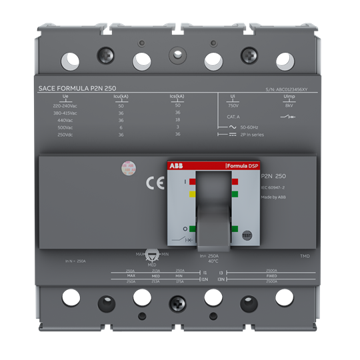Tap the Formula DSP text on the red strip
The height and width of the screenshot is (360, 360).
(x=241, y=165)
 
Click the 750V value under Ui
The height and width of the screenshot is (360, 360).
(x=233, y=105)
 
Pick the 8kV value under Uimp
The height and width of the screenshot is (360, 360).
(x=289, y=105)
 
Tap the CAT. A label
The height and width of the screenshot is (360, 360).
(x=233, y=116)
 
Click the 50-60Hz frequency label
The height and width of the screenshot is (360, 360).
(x=249, y=126)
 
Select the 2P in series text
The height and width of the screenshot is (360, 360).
(x=252, y=134)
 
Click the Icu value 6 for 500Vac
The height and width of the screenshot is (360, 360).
(x=121, y=127)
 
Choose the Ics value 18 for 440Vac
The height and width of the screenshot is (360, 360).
(x=177, y=120)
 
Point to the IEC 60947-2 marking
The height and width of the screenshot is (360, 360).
(x=273, y=188)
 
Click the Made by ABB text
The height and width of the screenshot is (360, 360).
(x=273, y=198)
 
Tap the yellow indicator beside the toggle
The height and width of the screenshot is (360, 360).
(x=192, y=194)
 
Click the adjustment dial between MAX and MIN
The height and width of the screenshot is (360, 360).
(x=151, y=255)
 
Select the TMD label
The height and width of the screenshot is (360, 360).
(x=305, y=256)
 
